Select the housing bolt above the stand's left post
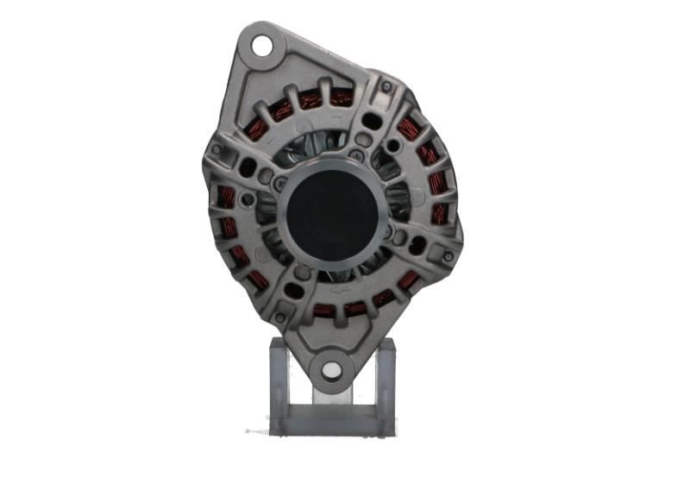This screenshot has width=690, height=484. click(x=279, y=319)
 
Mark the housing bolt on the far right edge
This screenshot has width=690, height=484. click(x=447, y=256)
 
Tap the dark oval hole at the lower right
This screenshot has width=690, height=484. click(x=418, y=246)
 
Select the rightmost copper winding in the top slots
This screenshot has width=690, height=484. click(x=342, y=97)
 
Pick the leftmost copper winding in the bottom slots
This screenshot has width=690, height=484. click(x=323, y=309)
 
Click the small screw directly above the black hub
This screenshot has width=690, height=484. click(x=354, y=156)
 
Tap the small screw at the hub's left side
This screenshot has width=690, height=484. click(x=278, y=184)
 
